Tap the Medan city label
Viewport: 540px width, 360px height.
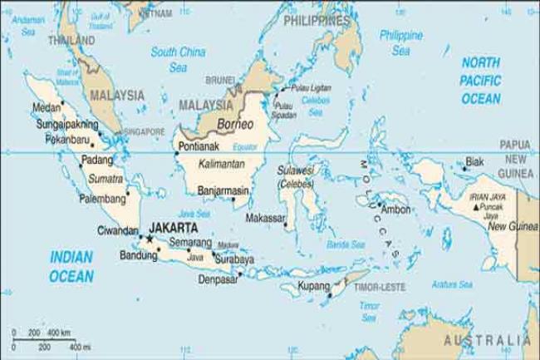(x=44, y=107)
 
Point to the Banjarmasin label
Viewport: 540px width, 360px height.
(x=218, y=190)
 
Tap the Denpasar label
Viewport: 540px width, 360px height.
(x=218, y=279)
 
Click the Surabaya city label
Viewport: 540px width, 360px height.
(x=235, y=259)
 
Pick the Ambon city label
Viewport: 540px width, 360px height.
(x=396, y=210)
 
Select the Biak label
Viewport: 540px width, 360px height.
(x=474, y=161)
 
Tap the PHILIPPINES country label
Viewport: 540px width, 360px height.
(x=316, y=20)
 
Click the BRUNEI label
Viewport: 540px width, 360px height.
(x=220, y=81)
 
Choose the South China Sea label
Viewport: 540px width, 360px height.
(x=178, y=59)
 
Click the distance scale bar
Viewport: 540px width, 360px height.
(x=50, y=339)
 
